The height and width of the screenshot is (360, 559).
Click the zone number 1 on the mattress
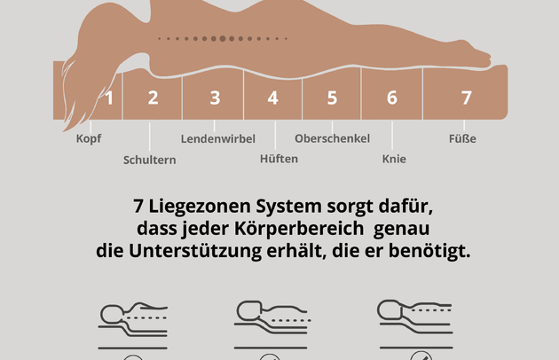(109, 98)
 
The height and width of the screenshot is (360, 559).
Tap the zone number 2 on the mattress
(153, 98)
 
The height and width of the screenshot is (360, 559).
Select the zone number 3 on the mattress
(215, 98)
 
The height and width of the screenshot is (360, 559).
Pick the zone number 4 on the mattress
(273, 98)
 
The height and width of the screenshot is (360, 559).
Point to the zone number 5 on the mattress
(332, 98)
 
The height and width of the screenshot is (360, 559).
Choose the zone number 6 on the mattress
(391, 98)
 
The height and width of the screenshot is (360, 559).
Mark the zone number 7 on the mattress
(466, 98)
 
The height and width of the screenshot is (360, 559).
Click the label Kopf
(89, 138)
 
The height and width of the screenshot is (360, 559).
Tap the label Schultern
(149, 160)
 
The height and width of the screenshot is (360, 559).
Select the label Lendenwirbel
(218, 138)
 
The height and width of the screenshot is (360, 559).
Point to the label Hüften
(279, 159)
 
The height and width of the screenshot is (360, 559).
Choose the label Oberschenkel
(332, 138)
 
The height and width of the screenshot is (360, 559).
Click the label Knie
(394, 160)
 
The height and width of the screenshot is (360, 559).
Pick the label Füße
(464, 138)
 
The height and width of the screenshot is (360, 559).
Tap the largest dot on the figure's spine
(222, 38)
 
